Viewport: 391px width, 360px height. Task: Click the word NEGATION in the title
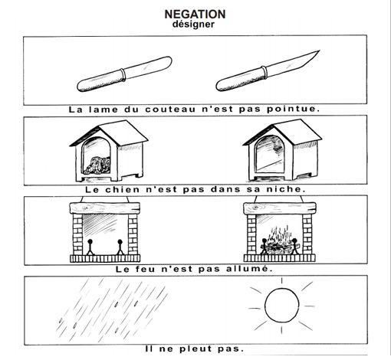[195, 15]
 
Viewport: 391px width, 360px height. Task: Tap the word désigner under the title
[193, 25]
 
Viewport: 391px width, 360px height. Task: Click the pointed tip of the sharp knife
[320, 51]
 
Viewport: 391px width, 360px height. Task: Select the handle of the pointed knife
[240, 79]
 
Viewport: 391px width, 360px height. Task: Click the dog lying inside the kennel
[98, 165]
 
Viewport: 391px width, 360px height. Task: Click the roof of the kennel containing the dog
[109, 132]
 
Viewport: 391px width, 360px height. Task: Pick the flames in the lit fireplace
[280, 240]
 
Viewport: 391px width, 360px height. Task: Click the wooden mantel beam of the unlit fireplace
[105, 208]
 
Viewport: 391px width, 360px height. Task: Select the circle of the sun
[281, 306]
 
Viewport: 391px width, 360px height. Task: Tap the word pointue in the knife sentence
[294, 110]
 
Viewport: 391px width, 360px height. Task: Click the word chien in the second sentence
[123, 190]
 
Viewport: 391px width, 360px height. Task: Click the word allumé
[249, 269]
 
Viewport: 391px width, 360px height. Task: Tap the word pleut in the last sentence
[195, 349]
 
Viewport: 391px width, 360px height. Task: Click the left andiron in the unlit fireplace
[90, 247]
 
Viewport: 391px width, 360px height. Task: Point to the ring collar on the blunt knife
[123, 74]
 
